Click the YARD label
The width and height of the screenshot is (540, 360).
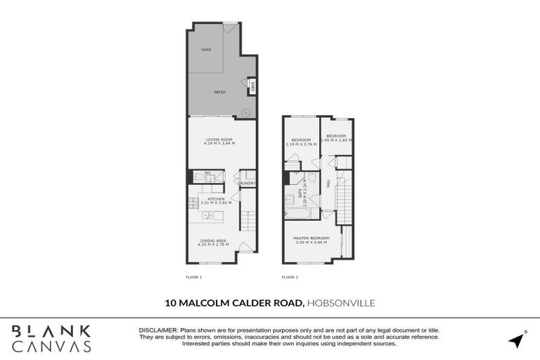(x=206, y=50)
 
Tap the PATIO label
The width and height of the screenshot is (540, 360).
(x=220, y=92)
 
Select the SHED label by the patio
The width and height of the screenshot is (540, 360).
(x=252, y=87)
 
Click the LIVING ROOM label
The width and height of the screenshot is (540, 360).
(x=220, y=139)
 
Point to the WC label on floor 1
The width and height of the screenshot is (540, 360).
(x=207, y=172)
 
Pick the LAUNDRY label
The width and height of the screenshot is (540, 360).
(x=247, y=184)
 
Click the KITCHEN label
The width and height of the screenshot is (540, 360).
(x=217, y=199)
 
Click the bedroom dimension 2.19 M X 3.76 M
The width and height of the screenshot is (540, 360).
(x=301, y=143)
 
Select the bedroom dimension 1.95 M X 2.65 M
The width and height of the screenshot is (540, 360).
(x=336, y=140)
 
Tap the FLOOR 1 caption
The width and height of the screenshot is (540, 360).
(x=193, y=277)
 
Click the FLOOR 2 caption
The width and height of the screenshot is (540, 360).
(x=290, y=277)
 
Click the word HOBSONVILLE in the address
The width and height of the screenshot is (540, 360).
(x=342, y=303)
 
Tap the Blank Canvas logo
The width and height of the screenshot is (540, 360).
(x=51, y=338)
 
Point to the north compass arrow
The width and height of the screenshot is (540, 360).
(x=517, y=340)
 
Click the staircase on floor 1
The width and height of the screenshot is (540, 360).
(x=247, y=221)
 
